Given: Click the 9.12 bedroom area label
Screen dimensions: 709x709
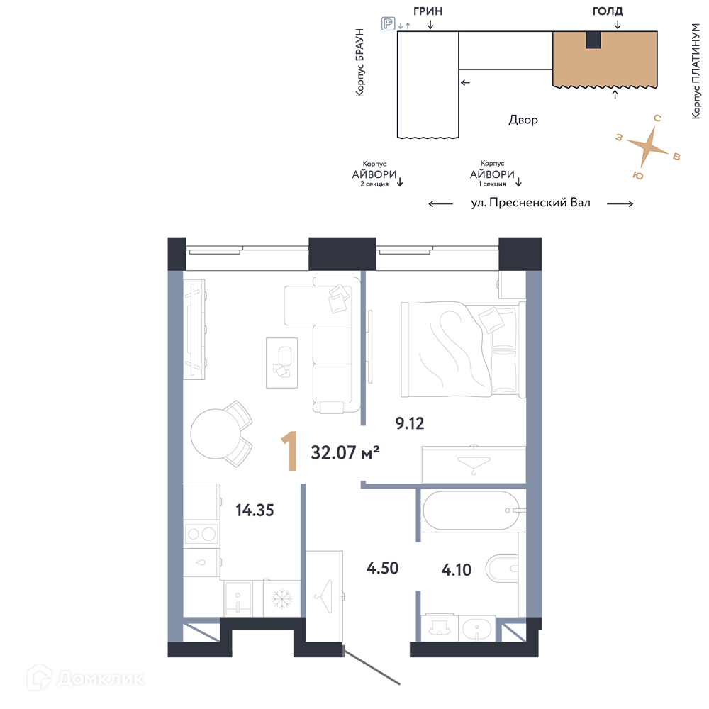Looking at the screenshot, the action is coord(409,423).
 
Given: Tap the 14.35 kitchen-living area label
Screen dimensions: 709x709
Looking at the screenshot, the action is coord(255,510).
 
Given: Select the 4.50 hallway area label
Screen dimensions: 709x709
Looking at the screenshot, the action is coord(383,568).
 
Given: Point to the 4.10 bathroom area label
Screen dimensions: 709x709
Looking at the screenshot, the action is coord(456,570).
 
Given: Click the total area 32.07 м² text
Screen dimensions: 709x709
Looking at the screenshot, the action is coord(345,452).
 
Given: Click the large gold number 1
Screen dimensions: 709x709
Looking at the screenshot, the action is coord(289,451).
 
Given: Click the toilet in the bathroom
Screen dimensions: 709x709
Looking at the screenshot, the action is coord(502,569).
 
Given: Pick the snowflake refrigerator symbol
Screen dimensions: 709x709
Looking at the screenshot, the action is coord(281,598).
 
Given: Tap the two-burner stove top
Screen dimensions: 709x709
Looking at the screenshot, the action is coord(201,534).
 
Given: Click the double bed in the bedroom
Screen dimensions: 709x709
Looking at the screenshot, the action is coord(463,349).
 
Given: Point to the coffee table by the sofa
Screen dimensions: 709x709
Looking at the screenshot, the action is coord(281,362).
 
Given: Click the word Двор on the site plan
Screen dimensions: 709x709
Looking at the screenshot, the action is coord(523,120).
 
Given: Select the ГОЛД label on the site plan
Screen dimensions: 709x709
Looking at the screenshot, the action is coord(608,11).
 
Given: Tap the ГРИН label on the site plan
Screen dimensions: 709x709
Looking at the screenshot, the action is coord(428,11).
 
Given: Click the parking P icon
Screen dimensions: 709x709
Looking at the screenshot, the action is coord(389,23).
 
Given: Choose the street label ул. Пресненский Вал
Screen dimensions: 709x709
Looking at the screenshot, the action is coord(530,203).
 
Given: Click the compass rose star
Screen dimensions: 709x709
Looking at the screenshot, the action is coord(648,146).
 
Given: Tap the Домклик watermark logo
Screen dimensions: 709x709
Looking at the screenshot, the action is coord(86,679).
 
